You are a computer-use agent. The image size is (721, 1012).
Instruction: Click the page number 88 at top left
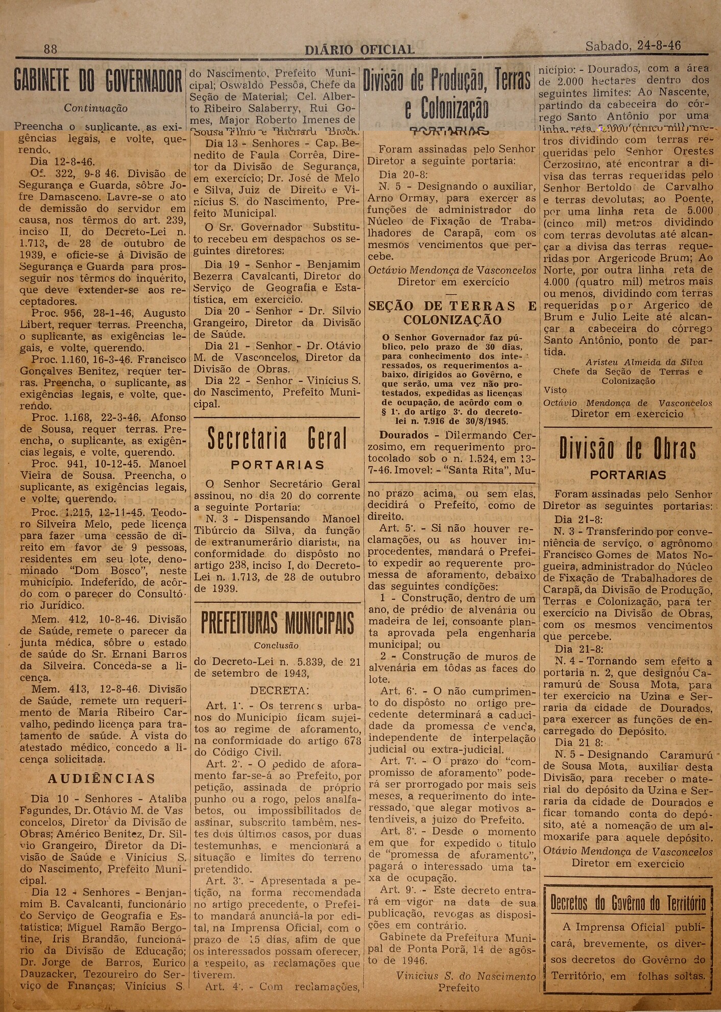(x=51, y=49)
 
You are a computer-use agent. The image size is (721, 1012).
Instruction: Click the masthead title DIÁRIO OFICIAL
(x=359, y=50)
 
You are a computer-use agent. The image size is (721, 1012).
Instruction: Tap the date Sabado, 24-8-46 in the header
(x=633, y=46)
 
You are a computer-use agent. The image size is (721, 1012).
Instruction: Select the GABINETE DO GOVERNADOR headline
(x=98, y=82)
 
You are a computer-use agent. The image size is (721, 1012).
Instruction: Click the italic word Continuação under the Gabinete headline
(x=95, y=108)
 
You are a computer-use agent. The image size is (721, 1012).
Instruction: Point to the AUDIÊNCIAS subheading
(x=102, y=779)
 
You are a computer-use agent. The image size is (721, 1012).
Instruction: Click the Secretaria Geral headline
(x=277, y=439)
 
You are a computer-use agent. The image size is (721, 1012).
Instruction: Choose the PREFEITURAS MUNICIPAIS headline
(x=277, y=623)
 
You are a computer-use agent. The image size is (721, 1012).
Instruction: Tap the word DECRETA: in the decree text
(x=279, y=691)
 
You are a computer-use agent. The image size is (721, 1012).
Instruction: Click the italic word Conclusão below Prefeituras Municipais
(x=276, y=646)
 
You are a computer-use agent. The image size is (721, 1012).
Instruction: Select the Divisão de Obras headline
(x=627, y=449)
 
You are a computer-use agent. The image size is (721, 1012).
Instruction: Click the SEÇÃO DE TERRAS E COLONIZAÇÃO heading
(x=452, y=313)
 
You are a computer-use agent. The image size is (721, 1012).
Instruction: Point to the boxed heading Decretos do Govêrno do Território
(x=628, y=903)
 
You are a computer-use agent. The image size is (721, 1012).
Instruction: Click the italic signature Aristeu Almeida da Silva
(x=644, y=362)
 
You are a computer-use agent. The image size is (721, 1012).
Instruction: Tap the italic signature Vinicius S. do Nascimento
(x=466, y=976)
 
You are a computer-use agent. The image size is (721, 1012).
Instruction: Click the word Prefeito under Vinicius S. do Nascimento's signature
(x=459, y=988)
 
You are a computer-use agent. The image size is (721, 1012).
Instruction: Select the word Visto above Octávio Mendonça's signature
(x=555, y=390)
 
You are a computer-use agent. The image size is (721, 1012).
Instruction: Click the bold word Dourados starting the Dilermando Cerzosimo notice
(x=404, y=435)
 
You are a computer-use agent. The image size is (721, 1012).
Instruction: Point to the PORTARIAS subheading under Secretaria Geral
(x=278, y=465)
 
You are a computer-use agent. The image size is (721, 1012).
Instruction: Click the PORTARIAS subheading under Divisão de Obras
(x=628, y=475)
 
